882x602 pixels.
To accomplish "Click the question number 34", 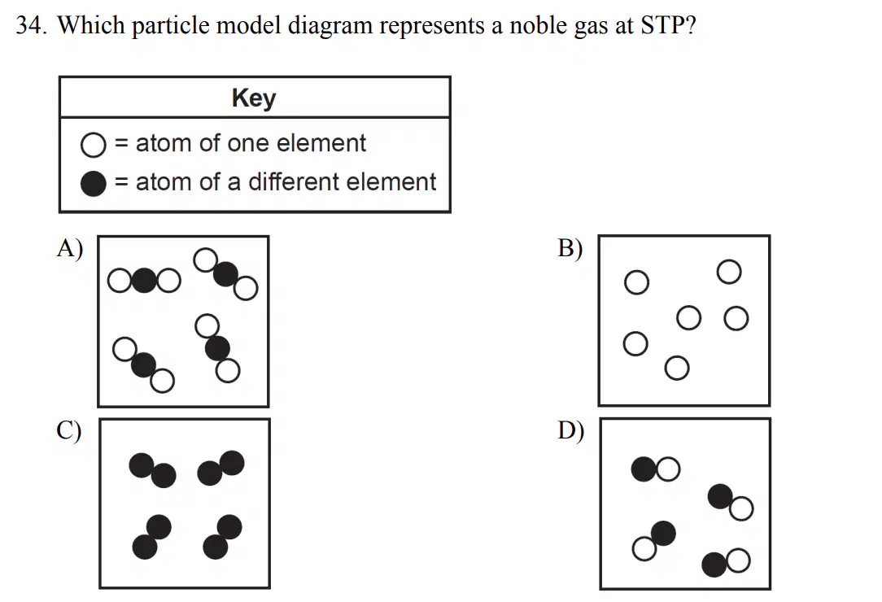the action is point(32,25).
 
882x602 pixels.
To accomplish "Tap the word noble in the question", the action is point(535,25).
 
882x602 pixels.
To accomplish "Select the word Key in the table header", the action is point(254,98).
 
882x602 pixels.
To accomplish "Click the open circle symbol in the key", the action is point(93,145).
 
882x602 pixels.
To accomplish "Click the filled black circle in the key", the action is point(93,183).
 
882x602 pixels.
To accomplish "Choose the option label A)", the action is point(70,247).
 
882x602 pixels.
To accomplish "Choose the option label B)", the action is point(570,248).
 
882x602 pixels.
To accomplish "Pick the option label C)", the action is point(68,430).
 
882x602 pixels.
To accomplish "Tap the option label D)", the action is point(570,430).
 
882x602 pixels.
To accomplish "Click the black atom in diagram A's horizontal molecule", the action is point(145,280).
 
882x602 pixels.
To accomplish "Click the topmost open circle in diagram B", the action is point(729,272).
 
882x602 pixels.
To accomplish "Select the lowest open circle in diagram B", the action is point(677,368).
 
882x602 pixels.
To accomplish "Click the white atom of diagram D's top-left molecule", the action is point(668,469).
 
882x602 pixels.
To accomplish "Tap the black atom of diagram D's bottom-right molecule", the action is point(714,565).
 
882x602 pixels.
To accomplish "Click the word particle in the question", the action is point(171,25).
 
